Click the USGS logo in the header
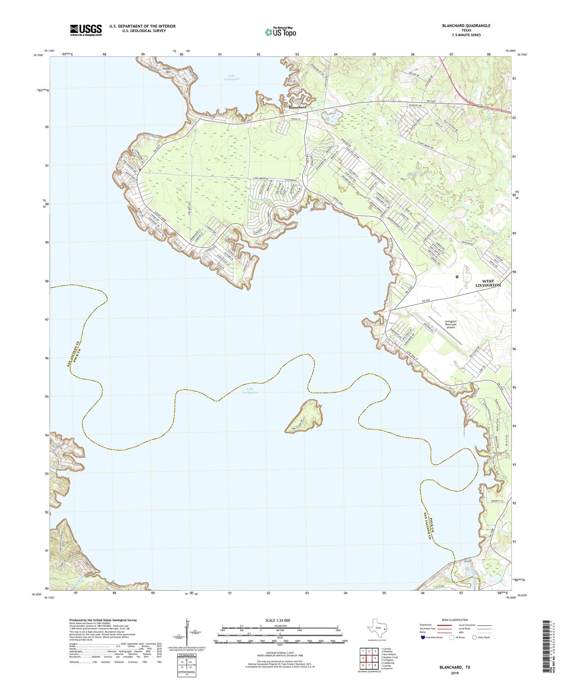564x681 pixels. tap(86, 30)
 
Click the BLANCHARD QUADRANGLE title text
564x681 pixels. tap(466, 26)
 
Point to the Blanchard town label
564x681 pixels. tap(297, 107)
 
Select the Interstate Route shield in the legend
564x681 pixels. tap(423, 637)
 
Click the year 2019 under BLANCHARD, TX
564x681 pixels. tap(455, 673)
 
